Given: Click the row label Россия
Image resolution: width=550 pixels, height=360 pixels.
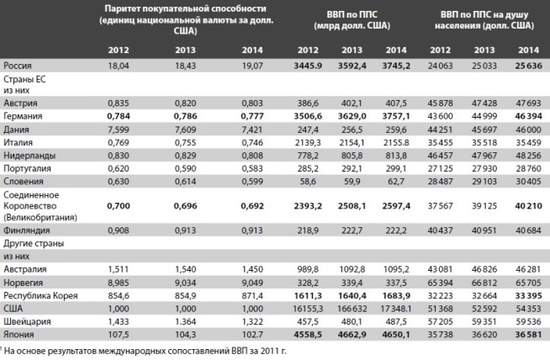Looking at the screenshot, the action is pyautogui.click(x=18, y=66).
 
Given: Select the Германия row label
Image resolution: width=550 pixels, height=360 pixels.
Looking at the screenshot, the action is pyautogui.click(x=23, y=116).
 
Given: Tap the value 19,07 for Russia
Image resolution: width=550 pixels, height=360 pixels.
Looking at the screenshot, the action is pyautogui.click(x=252, y=66).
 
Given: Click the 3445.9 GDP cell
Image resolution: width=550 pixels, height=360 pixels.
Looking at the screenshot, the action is pyautogui.click(x=308, y=66).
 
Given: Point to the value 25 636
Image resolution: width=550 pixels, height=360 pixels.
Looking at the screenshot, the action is pyautogui.click(x=528, y=66).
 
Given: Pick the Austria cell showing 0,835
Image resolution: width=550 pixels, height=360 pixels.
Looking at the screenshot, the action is pyautogui.click(x=119, y=103).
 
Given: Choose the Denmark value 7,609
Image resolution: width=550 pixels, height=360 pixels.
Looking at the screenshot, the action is pyautogui.click(x=185, y=130).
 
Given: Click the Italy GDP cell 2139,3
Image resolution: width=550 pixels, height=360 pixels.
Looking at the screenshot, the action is pyautogui.click(x=308, y=142).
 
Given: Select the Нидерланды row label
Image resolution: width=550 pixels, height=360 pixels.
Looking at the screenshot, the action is pyautogui.click(x=29, y=156).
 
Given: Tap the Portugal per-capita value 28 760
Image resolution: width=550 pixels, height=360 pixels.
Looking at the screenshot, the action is pyautogui.click(x=528, y=168).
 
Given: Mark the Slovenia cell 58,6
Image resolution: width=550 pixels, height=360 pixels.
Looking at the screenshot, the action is pyautogui.click(x=308, y=182).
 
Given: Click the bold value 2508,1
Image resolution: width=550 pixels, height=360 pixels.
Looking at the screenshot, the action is pyautogui.click(x=352, y=206).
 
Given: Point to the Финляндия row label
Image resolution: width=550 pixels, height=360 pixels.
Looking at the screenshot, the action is pyautogui.click(x=27, y=230).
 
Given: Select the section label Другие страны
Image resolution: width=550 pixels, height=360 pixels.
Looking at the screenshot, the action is pyautogui.click(x=34, y=244).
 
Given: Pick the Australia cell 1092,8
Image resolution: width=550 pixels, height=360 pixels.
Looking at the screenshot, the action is pyautogui.click(x=352, y=269).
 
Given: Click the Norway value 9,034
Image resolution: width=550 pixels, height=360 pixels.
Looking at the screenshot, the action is pyautogui.click(x=185, y=283).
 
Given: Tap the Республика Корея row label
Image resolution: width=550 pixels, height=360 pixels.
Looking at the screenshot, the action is pyautogui.click(x=40, y=296).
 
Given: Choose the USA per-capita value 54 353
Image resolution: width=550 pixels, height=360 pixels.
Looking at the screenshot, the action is pyautogui.click(x=528, y=309).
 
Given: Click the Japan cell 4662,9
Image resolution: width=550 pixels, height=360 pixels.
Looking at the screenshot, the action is pyautogui.click(x=352, y=335).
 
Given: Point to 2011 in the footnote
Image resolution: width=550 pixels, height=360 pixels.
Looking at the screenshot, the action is pyautogui.click(x=268, y=351).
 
